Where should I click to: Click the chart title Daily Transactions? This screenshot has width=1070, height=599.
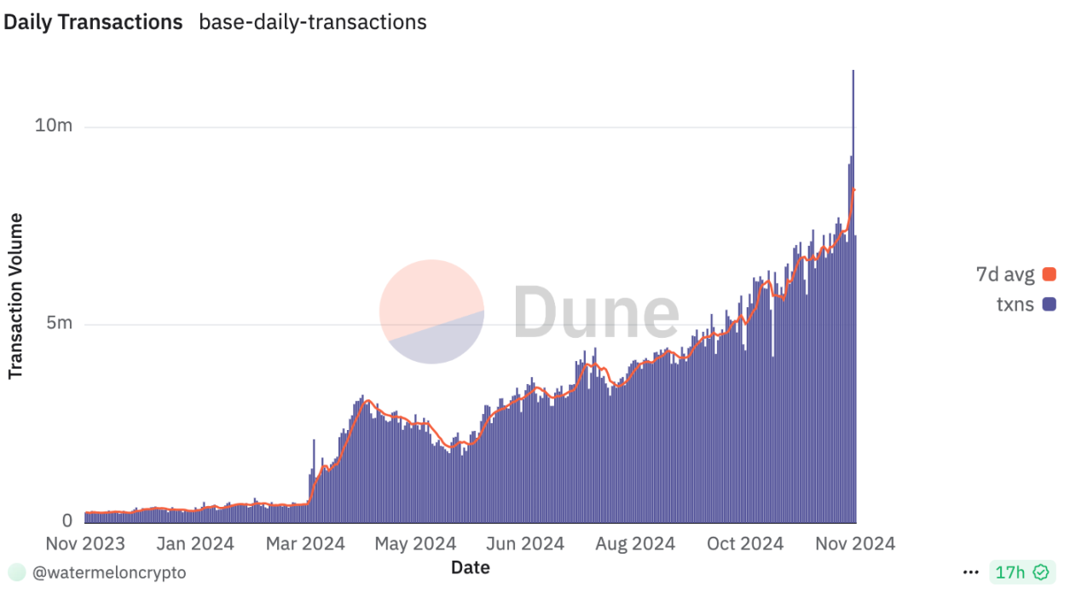(93, 22)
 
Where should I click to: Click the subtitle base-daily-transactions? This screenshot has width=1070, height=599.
(312, 22)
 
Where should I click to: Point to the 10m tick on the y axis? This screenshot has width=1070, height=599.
(54, 126)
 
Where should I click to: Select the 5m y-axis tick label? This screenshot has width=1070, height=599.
(59, 324)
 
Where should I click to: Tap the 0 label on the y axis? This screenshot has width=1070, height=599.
(67, 521)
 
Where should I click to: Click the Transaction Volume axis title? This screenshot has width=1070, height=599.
(15, 296)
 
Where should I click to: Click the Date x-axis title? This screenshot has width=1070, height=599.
(471, 567)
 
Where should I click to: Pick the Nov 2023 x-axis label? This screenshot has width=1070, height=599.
(84, 544)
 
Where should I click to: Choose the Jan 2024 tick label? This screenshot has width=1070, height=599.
(195, 544)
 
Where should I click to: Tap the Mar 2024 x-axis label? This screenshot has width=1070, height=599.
(304, 544)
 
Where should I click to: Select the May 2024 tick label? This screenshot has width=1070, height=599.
(415, 544)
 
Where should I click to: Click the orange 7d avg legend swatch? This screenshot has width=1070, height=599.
(1049, 275)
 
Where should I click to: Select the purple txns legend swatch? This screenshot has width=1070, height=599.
(1049, 304)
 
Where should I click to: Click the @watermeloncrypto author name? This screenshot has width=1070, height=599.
(108, 573)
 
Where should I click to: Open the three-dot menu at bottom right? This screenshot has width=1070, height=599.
(970, 573)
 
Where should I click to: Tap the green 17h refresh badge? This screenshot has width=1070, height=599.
(1022, 573)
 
